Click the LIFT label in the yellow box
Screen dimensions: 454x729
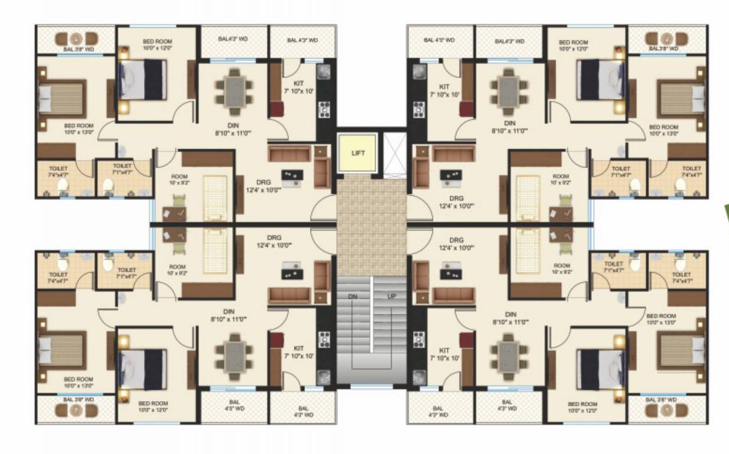point(358,153)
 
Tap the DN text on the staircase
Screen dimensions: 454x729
point(353,296)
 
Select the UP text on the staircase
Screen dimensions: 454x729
point(391,296)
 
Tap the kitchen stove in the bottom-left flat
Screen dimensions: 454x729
point(324,339)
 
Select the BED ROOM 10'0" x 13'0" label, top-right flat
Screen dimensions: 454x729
point(663,130)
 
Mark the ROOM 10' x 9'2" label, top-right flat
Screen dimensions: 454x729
point(561,180)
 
